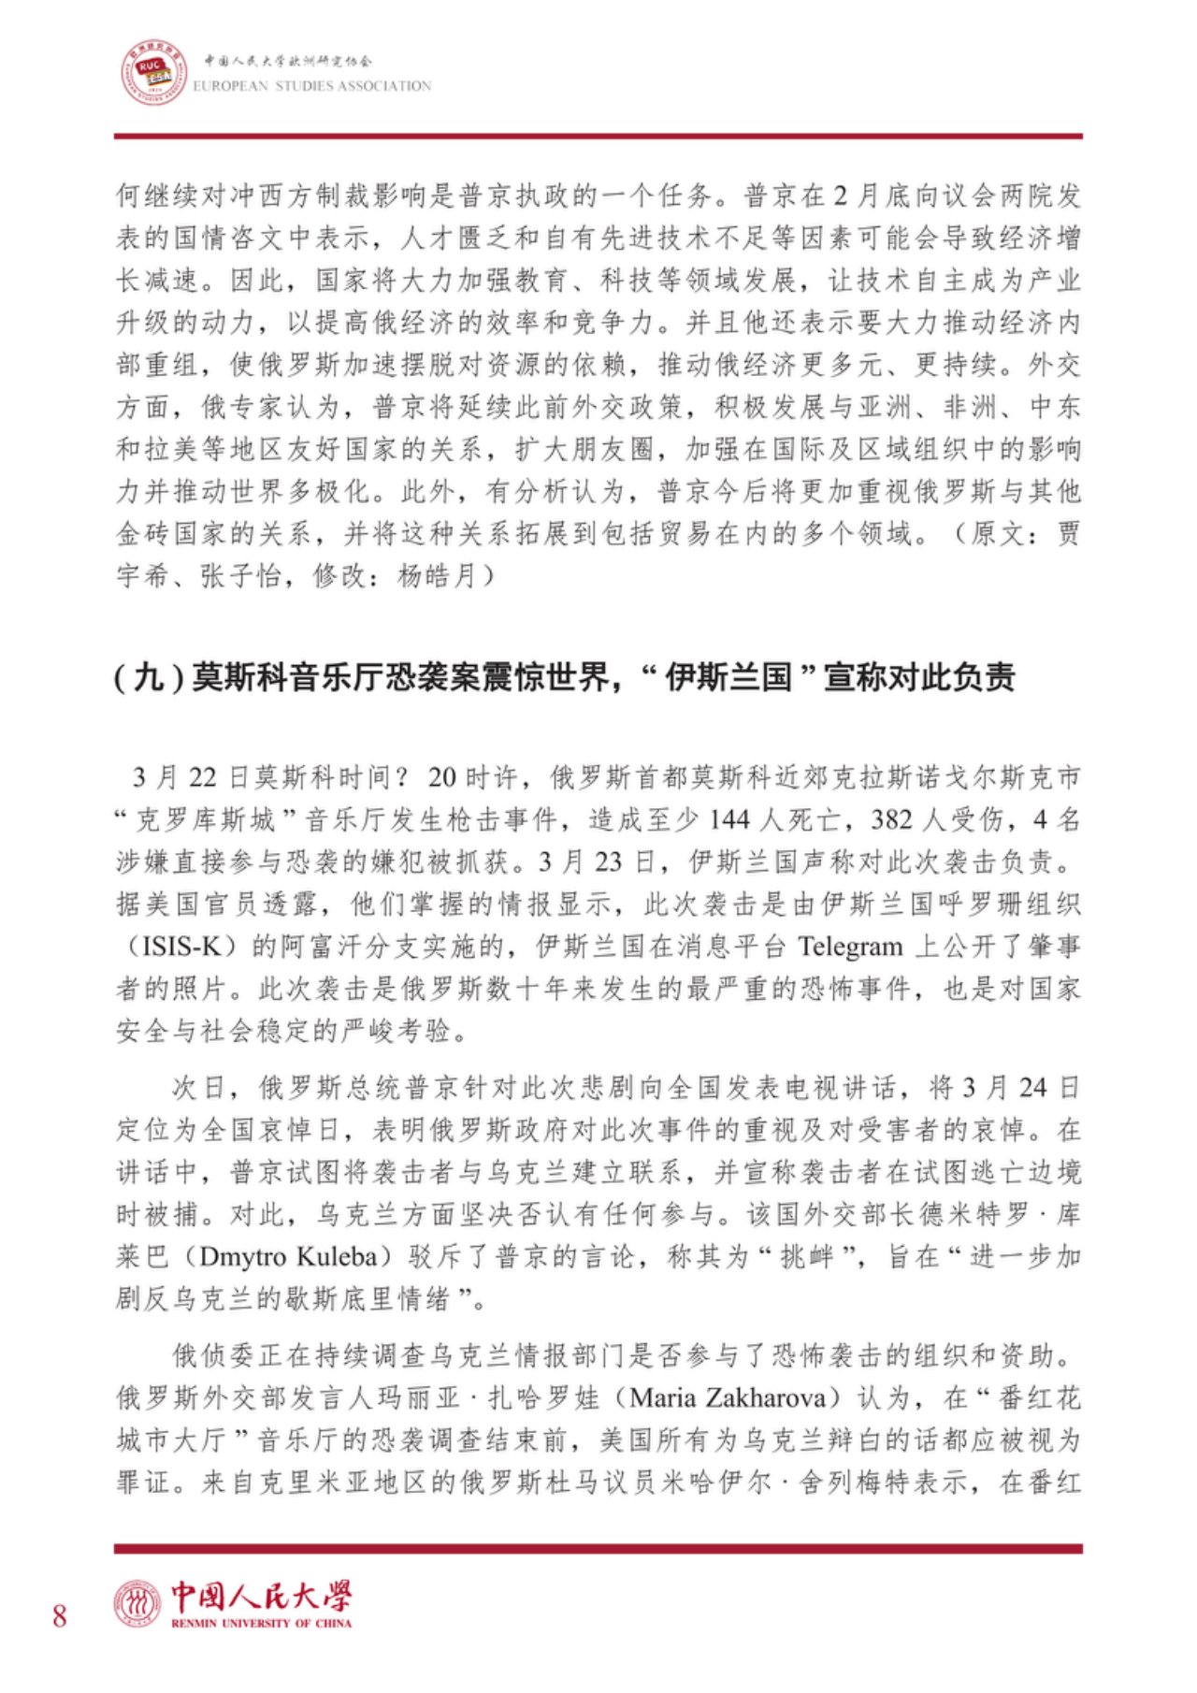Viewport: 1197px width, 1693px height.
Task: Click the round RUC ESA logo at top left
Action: (x=153, y=72)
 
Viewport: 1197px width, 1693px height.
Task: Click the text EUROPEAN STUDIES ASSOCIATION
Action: (x=312, y=86)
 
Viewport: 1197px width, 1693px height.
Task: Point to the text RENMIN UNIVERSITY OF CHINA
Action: (x=261, y=1623)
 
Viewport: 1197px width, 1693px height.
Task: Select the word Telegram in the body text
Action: (x=850, y=947)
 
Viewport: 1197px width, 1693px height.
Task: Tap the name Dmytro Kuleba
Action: (x=288, y=1256)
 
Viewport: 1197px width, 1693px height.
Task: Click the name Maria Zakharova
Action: (x=728, y=1397)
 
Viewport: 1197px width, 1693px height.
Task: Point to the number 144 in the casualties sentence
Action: (x=729, y=819)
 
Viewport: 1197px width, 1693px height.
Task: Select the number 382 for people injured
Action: (x=891, y=819)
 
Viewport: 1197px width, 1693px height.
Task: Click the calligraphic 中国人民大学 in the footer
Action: (x=261, y=1597)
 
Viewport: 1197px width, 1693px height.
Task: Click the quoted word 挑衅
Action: (x=807, y=1256)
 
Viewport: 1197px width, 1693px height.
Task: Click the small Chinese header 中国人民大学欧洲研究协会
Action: (x=288, y=61)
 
